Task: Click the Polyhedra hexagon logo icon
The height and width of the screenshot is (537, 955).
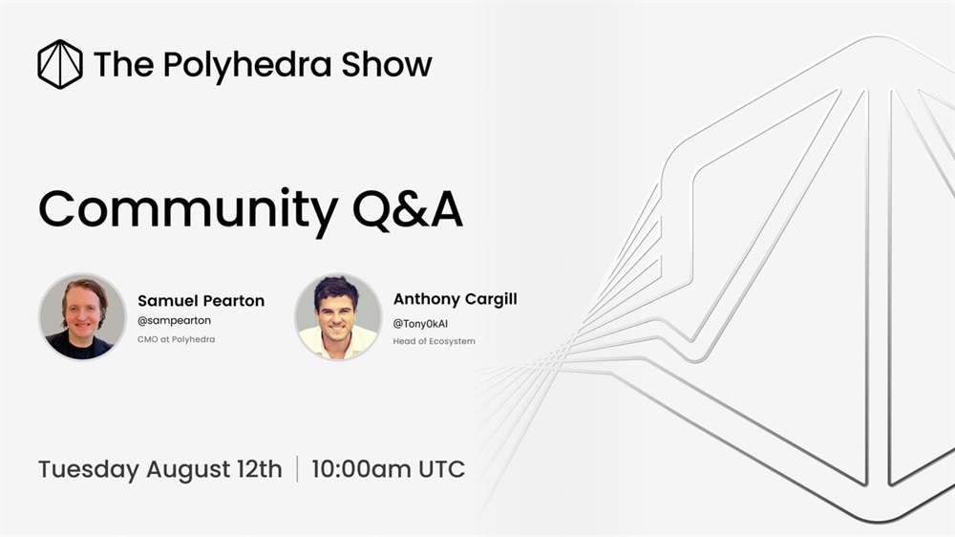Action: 59,64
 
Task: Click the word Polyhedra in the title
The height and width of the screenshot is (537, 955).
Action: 247,66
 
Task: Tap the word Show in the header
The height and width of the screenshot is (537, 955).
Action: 387,64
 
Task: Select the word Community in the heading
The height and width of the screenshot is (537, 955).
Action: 188,211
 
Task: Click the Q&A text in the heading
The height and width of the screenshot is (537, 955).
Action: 408,209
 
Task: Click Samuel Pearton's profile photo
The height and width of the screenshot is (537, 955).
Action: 82,316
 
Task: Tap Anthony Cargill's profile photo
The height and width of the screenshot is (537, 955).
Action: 338,316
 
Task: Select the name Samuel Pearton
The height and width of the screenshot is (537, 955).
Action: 201,300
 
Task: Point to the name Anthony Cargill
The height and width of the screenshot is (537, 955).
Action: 455,299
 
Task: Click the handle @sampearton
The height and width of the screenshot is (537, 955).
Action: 174,321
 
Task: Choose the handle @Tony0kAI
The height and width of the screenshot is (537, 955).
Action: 420,324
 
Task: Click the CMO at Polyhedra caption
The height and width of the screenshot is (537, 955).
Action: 176,339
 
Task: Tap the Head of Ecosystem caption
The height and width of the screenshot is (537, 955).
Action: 434,341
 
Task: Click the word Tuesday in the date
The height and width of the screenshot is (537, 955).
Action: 89,470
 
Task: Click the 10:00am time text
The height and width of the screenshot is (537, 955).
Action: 361,469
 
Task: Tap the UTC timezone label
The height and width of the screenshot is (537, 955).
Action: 441,469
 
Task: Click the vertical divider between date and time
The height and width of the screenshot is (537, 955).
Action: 297,469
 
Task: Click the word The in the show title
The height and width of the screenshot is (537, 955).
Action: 123,64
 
